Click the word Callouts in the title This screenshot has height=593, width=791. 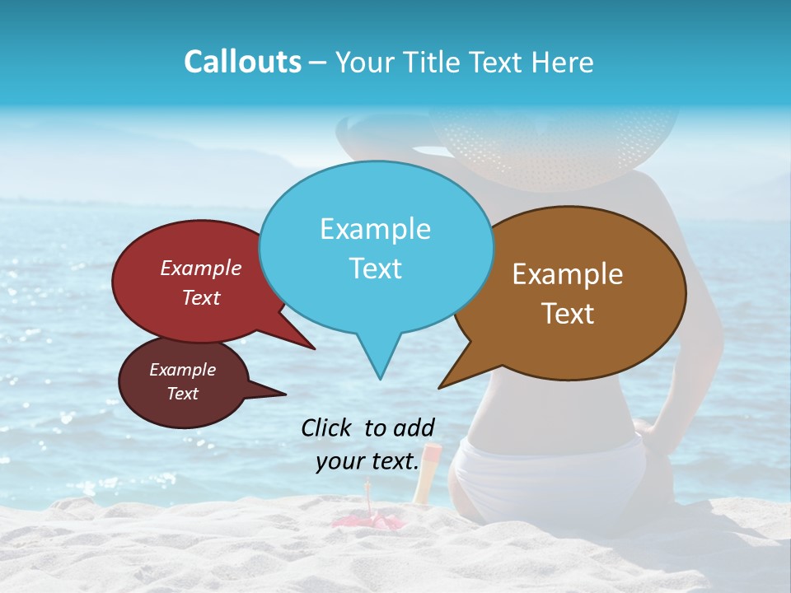(242, 62)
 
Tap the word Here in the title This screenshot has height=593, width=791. (563, 62)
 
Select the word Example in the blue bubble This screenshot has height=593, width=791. (375, 229)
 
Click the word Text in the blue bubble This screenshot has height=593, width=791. (375, 268)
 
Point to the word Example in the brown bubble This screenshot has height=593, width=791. (568, 274)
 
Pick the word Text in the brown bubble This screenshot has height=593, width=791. (568, 314)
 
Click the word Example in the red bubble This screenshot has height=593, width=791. (200, 268)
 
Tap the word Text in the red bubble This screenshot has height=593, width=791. (200, 297)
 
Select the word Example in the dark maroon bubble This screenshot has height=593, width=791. (182, 370)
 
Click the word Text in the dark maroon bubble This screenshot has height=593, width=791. (182, 394)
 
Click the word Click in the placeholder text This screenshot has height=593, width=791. (328, 427)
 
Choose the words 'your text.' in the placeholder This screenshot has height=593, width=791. (367, 462)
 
